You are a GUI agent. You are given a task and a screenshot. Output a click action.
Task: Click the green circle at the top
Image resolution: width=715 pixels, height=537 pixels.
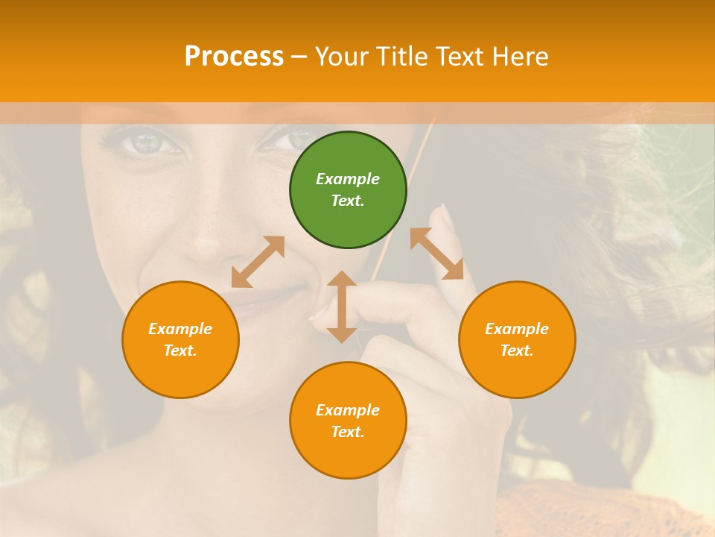pos(348,190)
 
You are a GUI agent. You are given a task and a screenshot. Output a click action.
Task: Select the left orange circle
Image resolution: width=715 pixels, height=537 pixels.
pos(180,339)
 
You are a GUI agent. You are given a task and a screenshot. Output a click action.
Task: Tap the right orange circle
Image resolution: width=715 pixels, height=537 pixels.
pos(517,339)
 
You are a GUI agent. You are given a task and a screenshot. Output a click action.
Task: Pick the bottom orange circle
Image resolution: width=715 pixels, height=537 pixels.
pos(348,421)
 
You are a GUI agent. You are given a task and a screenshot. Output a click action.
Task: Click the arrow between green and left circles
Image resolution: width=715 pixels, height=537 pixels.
pos(258,262)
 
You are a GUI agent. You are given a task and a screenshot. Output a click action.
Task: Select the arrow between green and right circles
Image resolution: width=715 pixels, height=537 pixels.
pos(437,254)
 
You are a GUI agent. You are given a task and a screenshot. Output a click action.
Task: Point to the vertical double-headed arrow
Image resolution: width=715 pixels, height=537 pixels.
pos(342,307)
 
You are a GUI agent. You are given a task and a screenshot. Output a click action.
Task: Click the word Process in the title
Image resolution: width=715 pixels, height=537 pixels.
pos(234,56)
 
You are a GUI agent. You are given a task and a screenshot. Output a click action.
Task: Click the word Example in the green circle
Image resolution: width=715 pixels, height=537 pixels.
pos(348,179)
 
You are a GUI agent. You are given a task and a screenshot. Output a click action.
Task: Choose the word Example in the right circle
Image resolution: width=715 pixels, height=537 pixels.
pos(517,329)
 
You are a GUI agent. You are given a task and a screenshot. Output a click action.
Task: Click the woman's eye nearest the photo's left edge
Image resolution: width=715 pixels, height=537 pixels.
pos(142,143)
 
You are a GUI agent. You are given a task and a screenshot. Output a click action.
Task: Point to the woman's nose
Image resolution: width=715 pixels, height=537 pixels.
pos(212,239)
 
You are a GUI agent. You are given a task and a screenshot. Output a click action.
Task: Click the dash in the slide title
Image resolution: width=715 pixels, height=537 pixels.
pos(299,57)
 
